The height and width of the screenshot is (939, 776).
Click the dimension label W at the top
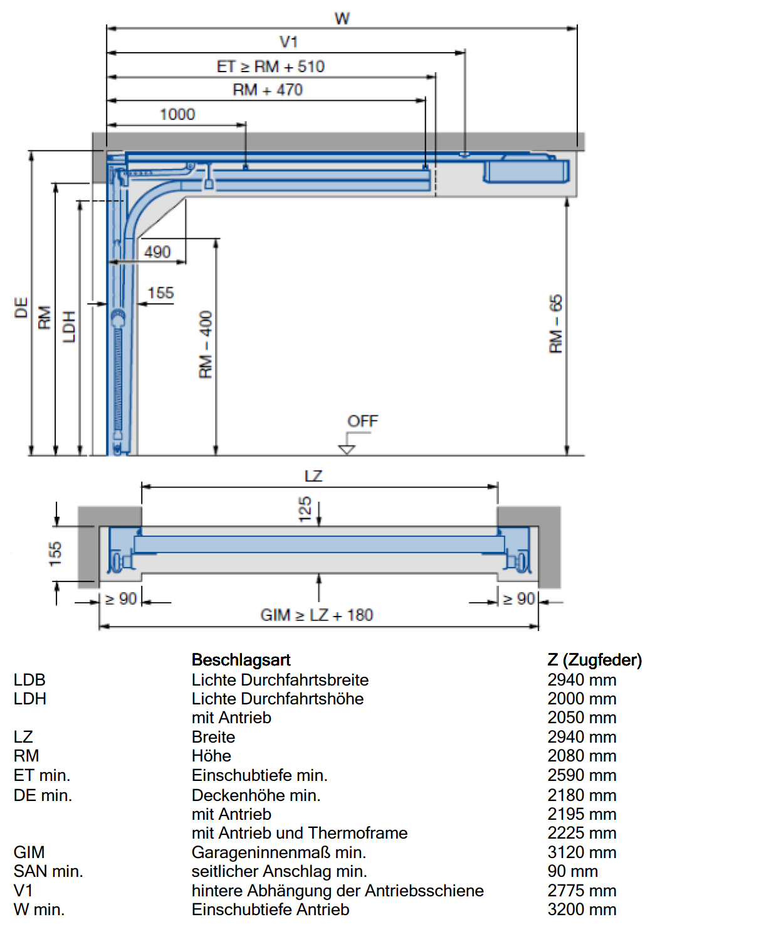tap(342, 18)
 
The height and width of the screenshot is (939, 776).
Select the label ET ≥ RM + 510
tap(271, 66)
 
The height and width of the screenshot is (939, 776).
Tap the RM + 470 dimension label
tap(268, 90)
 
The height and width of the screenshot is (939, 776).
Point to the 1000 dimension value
tap(177, 114)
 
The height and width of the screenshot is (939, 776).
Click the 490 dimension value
tap(157, 252)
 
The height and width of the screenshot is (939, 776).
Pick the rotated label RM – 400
tap(206, 344)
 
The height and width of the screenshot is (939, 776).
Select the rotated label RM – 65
tap(556, 324)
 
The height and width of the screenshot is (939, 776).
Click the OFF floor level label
tap(362, 421)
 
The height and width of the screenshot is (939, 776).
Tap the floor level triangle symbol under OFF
tap(347, 450)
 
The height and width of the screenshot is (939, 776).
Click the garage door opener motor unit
tap(526, 171)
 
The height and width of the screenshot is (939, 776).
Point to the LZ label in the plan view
tap(313, 476)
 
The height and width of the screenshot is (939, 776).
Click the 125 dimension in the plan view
tap(305, 509)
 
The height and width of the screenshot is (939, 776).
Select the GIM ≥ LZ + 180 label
tap(317, 615)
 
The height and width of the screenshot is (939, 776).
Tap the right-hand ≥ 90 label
tap(519, 598)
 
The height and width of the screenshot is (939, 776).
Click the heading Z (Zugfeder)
tap(595, 660)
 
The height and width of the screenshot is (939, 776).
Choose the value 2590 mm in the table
tap(582, 775)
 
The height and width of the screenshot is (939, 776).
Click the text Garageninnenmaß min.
tap(279, 852)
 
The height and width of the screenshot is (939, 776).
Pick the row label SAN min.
tap(48, 871)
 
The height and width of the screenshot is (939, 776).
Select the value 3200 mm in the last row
tap(582, 910)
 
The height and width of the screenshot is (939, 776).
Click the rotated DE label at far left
tap(21, 307)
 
